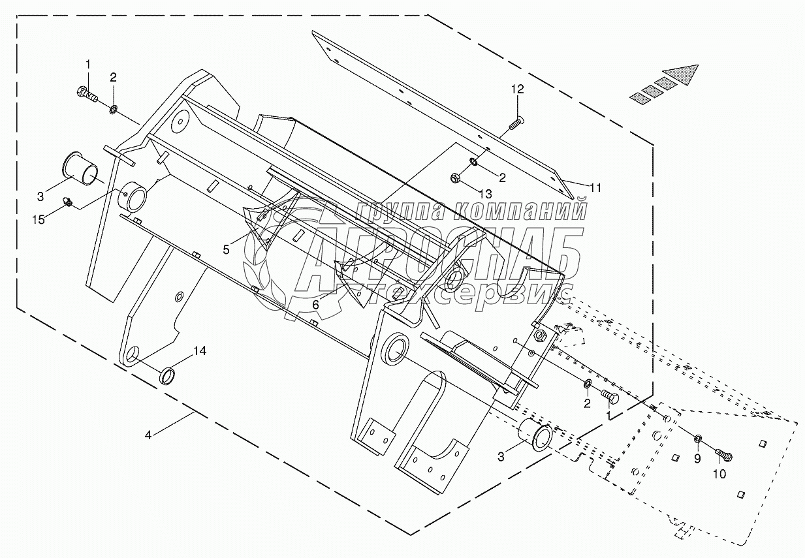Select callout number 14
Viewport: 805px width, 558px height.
pyautogui.click(x=199, y=351)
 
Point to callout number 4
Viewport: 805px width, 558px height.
pyautogui.click(x=149, y=435)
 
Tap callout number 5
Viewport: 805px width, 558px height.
pyautogui.click(x=227, y=249)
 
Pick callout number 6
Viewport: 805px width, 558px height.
pyautogui.click(x=315, y=305)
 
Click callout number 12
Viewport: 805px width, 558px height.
pyautogui.click(x=517, y=89)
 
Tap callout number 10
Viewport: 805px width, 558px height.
pyautogui.click(x=719, y=474)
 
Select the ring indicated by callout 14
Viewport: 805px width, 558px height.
pyautogui.click(x=168, y=376)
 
